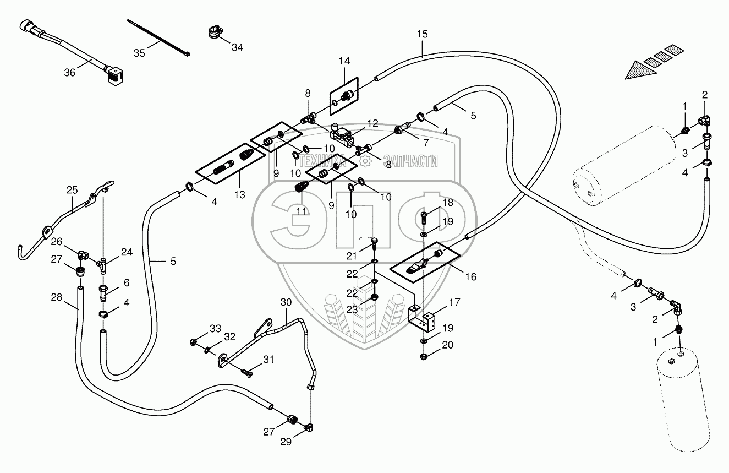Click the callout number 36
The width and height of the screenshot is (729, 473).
point(70,73)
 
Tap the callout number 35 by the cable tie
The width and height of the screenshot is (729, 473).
point(139,53)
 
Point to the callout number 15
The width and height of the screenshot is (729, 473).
point(423,34)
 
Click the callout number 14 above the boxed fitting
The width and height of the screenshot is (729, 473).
point(344,61)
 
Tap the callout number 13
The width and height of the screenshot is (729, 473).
point(239,195)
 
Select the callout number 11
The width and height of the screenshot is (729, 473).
point(302,211)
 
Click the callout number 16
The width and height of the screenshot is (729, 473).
point(470,277)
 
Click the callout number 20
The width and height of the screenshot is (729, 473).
point(448,345)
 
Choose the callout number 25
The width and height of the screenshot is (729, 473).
point(72,190)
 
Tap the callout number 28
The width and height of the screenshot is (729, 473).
point(57,297)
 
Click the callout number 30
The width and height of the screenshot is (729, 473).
point(286,302)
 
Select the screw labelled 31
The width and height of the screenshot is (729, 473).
point(246,373)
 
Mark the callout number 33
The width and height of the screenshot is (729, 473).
point(216,328)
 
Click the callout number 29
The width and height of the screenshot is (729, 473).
point(286,442)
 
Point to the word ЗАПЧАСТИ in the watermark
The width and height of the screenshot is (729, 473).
point(410,161)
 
